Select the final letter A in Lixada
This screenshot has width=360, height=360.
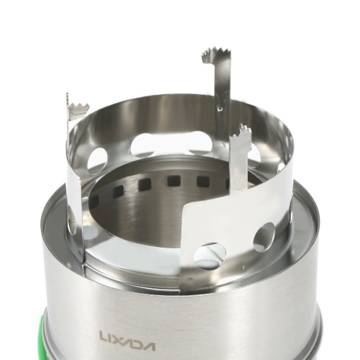click(x=148, y=346)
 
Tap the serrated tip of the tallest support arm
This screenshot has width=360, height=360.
click(x=215, y=55)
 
